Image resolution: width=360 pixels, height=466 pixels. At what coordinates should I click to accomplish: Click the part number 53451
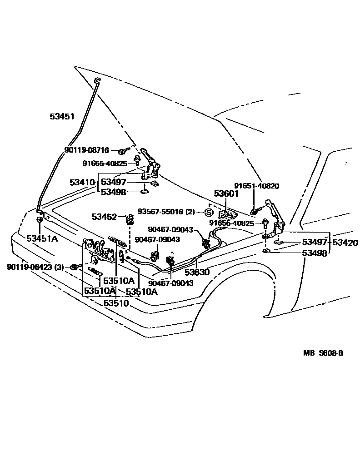pyautogui.click(x=62, y=117)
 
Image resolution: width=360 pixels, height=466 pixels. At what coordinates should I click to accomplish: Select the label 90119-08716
pyautogui.click(x=86, y=150)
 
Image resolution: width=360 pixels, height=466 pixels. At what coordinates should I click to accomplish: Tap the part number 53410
pyautogui.click(x=82, y=182)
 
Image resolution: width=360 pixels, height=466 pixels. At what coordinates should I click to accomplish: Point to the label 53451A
pyautogui.click(x=42, y=238)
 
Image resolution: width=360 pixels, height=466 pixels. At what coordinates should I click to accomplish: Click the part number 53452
pyautogui.click(x=104, y=217)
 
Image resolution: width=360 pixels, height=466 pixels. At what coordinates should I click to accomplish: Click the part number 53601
pyautogui.click(x=226, y=194)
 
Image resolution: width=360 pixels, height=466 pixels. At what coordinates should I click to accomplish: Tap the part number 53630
pyautogui.click(x=196, y=273)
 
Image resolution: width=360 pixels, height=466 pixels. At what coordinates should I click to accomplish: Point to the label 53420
pyautogui.click(x=345, y=243)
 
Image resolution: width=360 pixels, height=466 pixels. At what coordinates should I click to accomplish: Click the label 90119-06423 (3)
pyautogui.click(x=35, y=267)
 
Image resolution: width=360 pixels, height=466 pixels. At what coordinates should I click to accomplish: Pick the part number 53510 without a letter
pyautogui.click(x=116, y=302)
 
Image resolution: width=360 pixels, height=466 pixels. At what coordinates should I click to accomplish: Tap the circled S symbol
pyautogui.click(x=209, y=212)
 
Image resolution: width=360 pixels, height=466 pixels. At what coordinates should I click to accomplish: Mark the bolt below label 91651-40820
pyautogui.click(x=254, y=212)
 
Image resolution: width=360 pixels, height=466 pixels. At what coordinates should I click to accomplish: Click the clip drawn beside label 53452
pyautogui.click(x=130, y=221)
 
